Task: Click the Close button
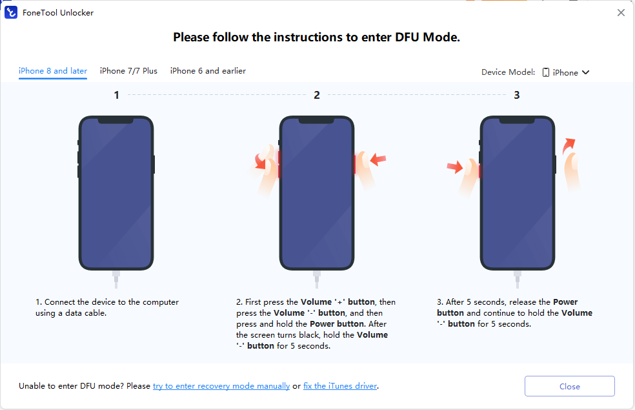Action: click(569, 386)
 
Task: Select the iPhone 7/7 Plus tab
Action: click(128, 71)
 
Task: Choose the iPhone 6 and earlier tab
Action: click(208, 71)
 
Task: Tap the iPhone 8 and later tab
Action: click(53, 71)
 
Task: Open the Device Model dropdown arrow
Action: click(585, 72)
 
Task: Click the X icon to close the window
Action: click(621, 12)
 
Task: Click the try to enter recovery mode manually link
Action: click(221, 385)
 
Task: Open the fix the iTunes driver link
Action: click(340, 385)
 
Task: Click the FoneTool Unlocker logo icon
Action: click(11, 12)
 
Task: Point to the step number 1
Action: click(116, 95)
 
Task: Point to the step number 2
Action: click(317, 95)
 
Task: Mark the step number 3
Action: click(517, 95)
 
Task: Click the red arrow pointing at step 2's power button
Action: click(378, 159)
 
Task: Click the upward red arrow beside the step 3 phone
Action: click(568, 146)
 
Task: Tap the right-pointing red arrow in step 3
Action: click(455, 167)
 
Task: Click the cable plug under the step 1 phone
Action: click(116, 279)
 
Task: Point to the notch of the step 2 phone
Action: click(317, 120)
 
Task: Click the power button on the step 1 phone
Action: click(154, 165)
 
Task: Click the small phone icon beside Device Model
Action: click(546, 72)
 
